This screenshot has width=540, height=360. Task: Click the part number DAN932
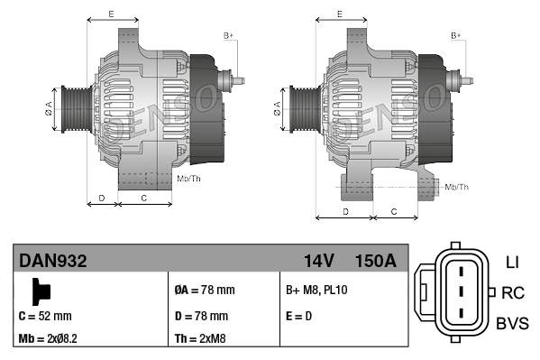[x=53, y=262]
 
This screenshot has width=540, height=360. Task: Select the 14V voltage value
[x=318, y=262]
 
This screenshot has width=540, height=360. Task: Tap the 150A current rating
[x=375, y=262]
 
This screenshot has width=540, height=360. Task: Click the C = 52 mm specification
[x=45, y=316]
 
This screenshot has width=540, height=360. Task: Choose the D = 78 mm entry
[x=200, y=316]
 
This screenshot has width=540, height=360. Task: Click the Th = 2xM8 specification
[x=200, y=339]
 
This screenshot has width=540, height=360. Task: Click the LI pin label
[x=511, y=263]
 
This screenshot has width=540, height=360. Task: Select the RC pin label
[x=512, y=292]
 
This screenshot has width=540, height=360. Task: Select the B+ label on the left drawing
[x=228, y=35]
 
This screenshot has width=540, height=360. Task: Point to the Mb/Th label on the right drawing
[x=457, y=187]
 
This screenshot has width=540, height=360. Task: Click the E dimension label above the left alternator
[x=110, y=14]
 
